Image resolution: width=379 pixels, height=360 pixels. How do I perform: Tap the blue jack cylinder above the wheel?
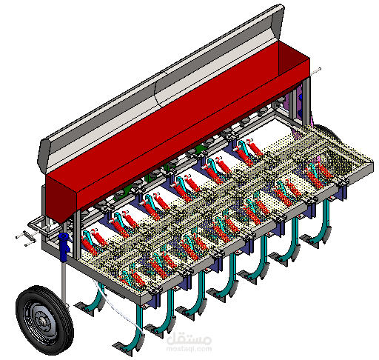pyautogui.click(x=64, y=247)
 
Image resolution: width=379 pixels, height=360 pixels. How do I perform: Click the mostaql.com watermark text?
pyautogui.click(x=189, y=349)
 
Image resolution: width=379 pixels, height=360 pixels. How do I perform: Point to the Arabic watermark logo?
pyautogui.click(x=189, y=339)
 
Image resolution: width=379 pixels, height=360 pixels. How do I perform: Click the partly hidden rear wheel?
pyautogui.click(x=326, y=133)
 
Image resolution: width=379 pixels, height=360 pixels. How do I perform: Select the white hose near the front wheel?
pyautogui.click(x=116, y=306)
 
